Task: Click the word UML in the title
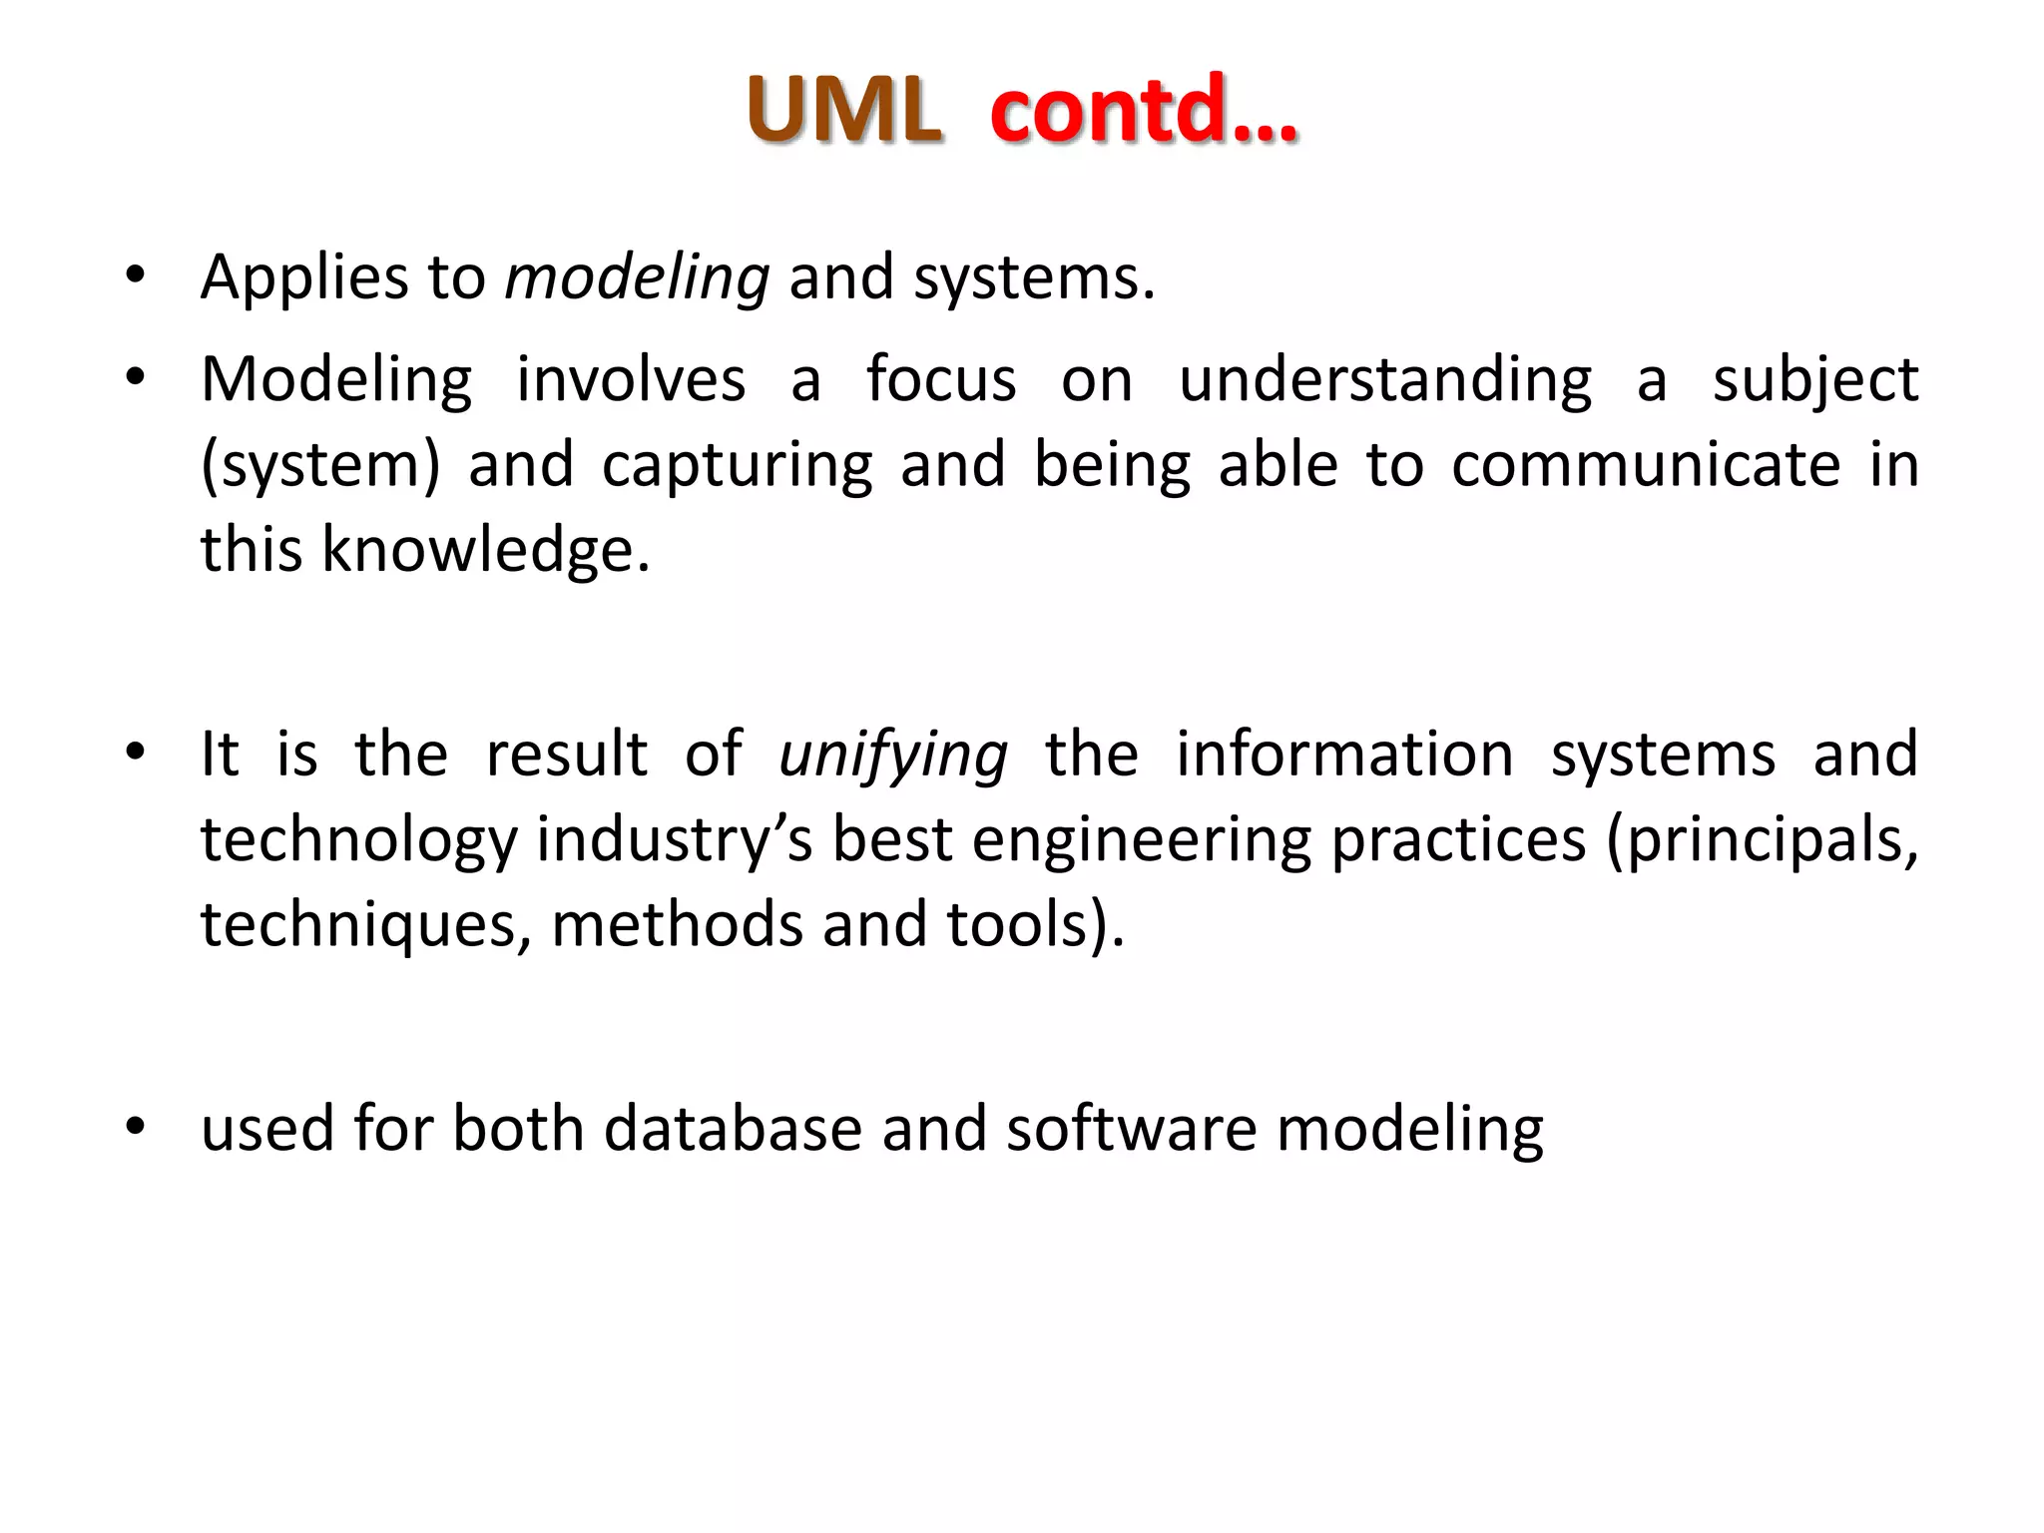[x=843, y=110]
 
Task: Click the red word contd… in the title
[x=1144, y=110]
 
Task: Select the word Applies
[x=303, y=278]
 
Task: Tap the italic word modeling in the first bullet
[x=637, y=278]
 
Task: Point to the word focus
[x=940, y=380]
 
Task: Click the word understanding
[x=1385, y=380]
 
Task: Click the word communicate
[x=1646, y=465]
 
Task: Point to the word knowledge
[x=485, y=551]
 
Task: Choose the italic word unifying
[x=893, y=756]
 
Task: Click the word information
[x=1344, y=754]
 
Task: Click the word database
[x=733, y=1129]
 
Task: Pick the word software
[x=1131, y=1129]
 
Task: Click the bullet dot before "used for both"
[x=136, y=1127]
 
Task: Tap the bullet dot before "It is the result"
[x=136, y=753]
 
